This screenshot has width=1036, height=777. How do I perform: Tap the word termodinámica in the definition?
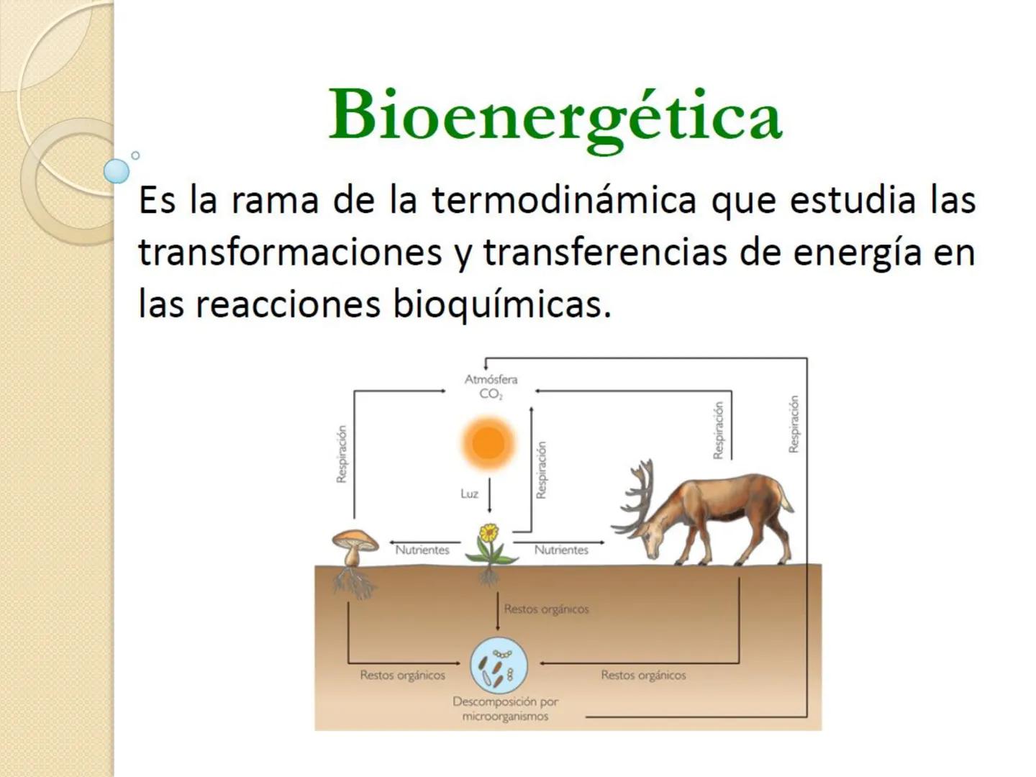point(563,200)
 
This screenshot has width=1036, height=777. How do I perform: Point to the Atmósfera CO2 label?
point(491,386)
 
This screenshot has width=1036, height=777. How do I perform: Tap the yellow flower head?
point(489,533)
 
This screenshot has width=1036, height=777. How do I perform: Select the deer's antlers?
point(637,496)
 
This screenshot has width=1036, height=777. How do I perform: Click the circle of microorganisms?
point(499,665)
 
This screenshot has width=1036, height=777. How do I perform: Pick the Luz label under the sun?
point(469,494)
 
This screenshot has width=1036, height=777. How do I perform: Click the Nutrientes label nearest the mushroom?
point(422,550)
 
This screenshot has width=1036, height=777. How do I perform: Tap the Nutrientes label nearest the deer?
point(561,550)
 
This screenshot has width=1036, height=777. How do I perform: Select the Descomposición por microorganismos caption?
point(505,709)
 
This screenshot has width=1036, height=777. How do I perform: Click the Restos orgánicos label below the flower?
point(546,609)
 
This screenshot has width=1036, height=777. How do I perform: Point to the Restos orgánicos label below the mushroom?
point(402,676)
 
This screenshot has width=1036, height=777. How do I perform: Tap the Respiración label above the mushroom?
point(342,454)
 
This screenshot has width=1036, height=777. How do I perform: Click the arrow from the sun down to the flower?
point(489,496)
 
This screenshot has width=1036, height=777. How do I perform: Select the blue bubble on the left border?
point(117,171)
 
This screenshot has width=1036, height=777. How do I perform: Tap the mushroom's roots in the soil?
point(354,582)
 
